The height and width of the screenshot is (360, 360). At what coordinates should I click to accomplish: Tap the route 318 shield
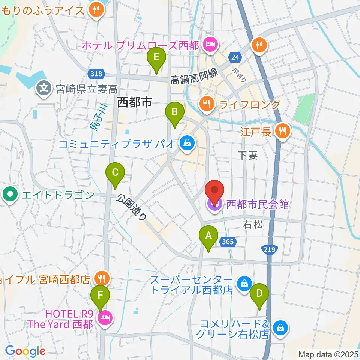point(96,74)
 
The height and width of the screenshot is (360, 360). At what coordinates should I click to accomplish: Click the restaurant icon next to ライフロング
point(207,104)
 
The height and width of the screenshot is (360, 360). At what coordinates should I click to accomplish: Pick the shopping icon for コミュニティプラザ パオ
point(186,143)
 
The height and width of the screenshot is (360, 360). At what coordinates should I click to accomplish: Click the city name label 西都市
point(134,102)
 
